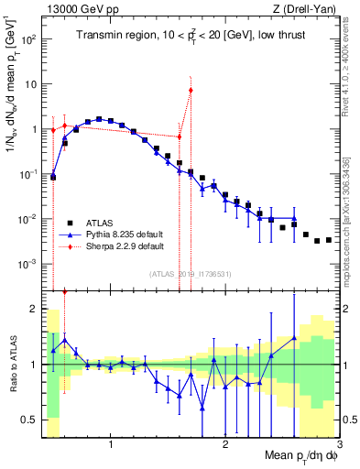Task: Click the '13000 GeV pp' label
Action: pyautogui.click(x=76, y=9)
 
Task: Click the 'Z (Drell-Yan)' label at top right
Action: pyautogui.click(x=308, y=9)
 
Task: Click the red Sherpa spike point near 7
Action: pyautogui.click(x=191, y=90)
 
